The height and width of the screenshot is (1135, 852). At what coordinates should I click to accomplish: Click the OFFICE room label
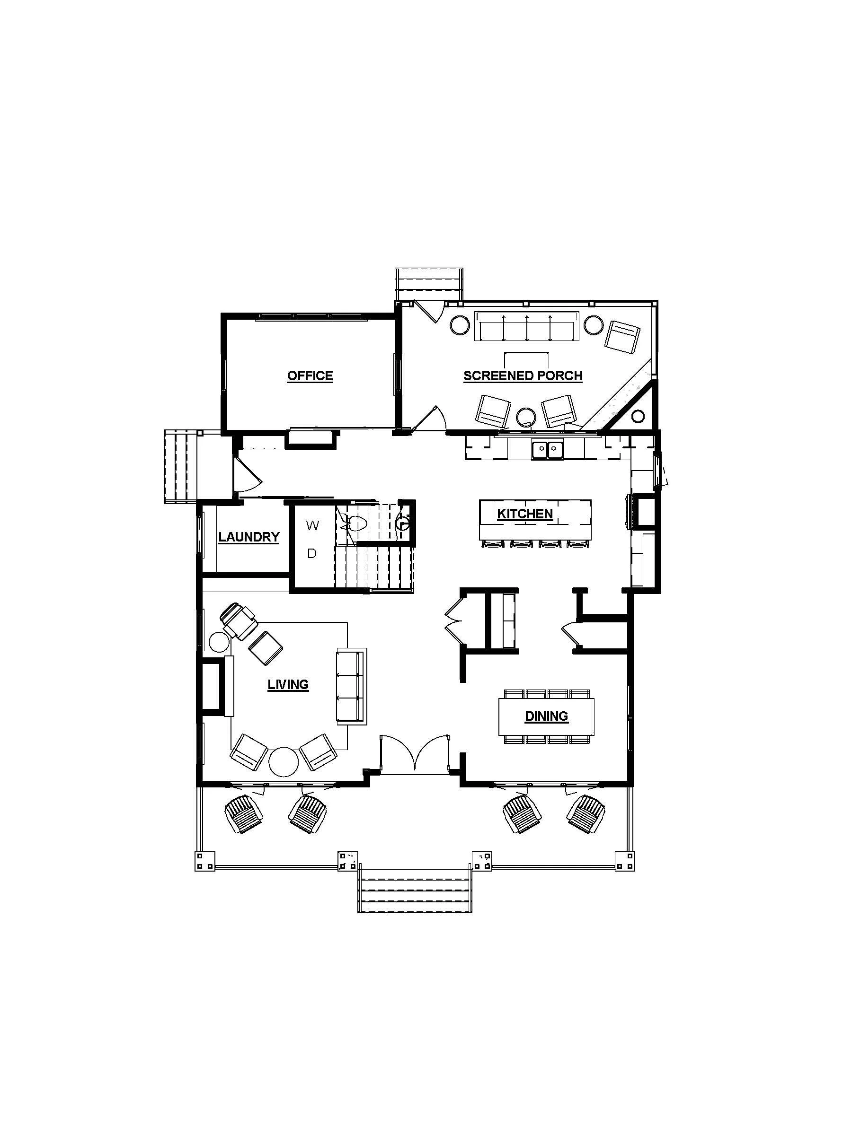point(310,375)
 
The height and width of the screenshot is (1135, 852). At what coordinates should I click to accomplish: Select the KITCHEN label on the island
point(524,514)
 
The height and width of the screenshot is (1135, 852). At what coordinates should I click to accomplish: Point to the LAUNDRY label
point(248,537)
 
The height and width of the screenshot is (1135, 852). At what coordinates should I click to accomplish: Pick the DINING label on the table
point(546,716)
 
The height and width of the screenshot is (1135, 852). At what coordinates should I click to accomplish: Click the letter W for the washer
point(312,525)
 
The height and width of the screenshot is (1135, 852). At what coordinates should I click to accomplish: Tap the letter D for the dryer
point(312,554)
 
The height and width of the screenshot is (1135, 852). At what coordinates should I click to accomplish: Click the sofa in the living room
point(351,686)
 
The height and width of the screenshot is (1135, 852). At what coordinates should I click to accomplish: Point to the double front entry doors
point(414,754)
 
